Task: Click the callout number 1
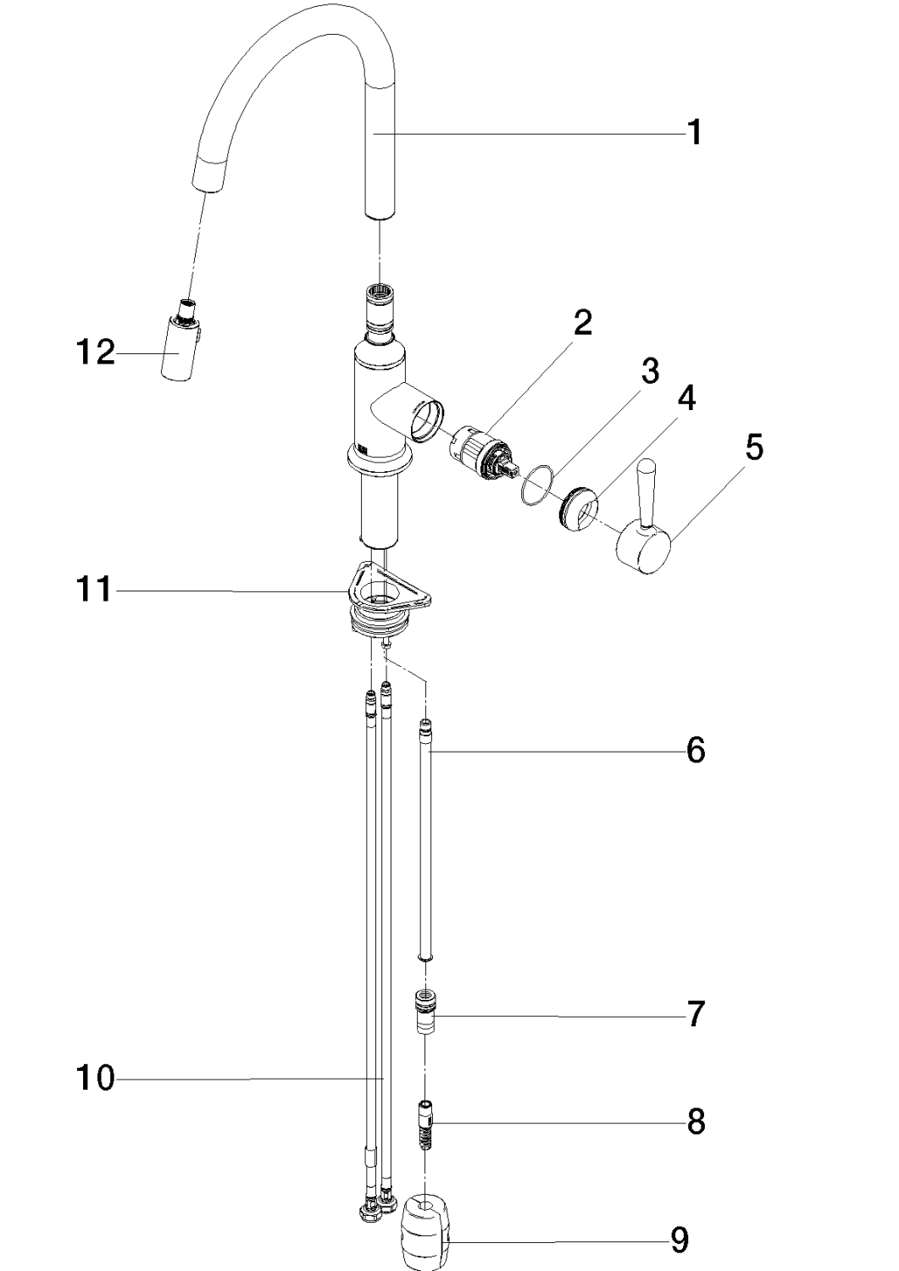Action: click(694, 132)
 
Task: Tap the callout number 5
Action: click(753, 447)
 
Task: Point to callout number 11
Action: click(96, 589)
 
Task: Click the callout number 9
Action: click(679, 1240)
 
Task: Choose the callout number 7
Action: click(695, 1013)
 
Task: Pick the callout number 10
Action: click(96, 1079)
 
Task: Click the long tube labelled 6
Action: click(427, 839)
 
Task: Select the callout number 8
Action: click(695, 1123)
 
